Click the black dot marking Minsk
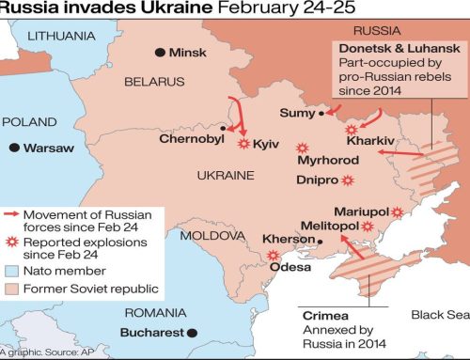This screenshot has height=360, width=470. [x=160, y=52]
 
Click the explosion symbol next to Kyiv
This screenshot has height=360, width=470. [x=243, y=144]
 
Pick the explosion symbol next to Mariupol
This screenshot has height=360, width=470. [x=398, y=213]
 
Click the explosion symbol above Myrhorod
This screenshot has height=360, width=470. [x=302, y=148]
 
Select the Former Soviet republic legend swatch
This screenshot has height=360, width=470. [x=12, y=289]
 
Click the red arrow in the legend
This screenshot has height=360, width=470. [x=12, y=216]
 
